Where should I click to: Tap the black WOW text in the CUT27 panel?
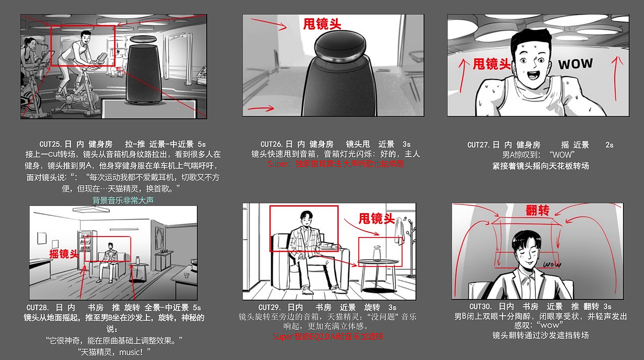point(575,64)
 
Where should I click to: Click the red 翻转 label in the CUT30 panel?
point(537,210)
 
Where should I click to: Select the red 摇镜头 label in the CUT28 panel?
point(64,254)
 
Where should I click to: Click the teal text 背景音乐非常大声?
point(123,200)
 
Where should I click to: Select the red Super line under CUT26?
point(335,164)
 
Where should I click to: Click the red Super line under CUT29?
point(328,336)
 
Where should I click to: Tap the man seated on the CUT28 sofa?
point(109,259)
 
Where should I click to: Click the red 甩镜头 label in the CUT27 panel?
point(492,64)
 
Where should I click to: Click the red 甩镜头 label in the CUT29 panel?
point(376,219)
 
